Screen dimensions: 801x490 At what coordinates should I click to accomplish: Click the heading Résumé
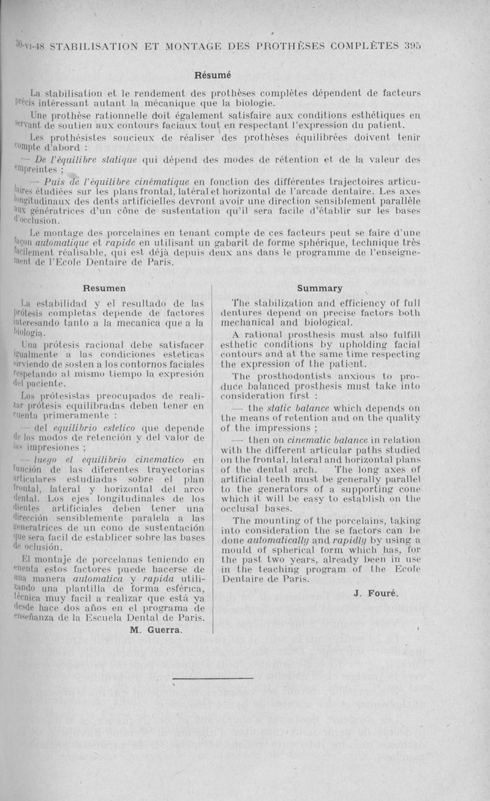pyautogui.click(x=213, y=76)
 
